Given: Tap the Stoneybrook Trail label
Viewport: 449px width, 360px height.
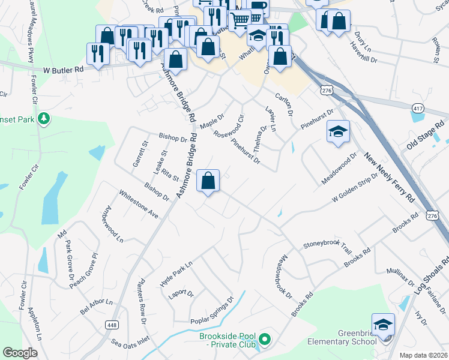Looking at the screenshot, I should point(327,245).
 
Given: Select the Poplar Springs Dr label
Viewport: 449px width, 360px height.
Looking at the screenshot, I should point(211,314).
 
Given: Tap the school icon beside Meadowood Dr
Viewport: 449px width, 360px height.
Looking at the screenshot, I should point(338,131).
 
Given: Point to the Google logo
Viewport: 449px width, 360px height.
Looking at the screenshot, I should point(20,353).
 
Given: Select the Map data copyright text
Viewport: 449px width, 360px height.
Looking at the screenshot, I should point(424,355).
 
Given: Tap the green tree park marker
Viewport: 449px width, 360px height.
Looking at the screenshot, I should point(43,119).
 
